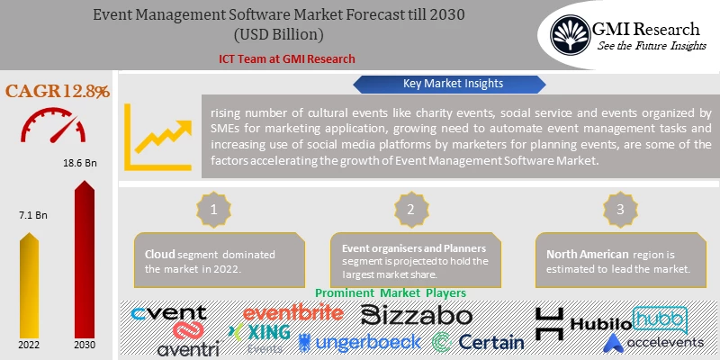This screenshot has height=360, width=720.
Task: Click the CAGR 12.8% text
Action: [x=58, y=91]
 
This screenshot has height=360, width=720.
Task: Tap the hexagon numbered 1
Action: [x=214, y=208]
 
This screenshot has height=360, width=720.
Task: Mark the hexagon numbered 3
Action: [x=618, y=208]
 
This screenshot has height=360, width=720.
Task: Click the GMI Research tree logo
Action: [x=572, y=34]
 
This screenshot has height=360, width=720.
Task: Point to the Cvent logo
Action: [x=168, y=313]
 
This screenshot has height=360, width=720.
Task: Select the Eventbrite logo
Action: [x=293, y=312]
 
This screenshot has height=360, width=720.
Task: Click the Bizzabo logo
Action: [x=416, y=314]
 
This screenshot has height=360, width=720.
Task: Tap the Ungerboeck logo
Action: [x=359, y=341]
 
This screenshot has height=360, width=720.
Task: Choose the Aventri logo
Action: [x=188, y=346]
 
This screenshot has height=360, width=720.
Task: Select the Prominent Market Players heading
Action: [x=391, y=293]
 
